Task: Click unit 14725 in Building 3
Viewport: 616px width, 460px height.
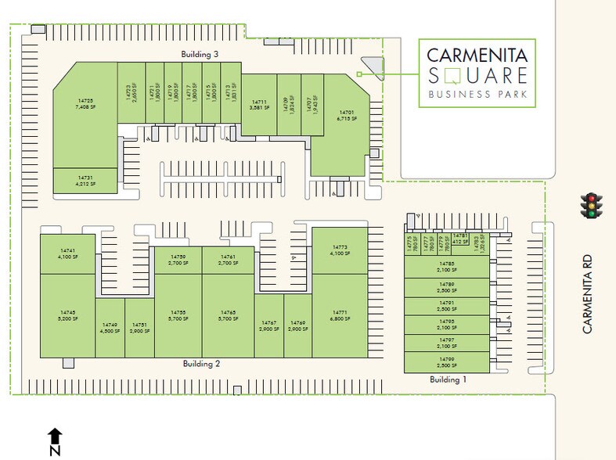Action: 85,104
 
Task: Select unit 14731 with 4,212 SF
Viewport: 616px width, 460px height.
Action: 85,181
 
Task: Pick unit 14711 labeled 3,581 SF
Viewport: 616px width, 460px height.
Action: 259,104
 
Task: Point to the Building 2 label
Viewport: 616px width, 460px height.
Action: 201,364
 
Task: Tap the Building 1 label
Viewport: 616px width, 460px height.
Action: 448,379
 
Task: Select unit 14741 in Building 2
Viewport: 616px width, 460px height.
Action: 67,252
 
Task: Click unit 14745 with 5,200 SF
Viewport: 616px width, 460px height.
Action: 67,316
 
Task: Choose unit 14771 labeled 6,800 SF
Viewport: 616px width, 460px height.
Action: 338,315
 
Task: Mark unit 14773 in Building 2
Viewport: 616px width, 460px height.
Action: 338,250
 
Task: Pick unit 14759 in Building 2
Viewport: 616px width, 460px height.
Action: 178,260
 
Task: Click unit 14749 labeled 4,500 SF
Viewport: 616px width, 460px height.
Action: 110,327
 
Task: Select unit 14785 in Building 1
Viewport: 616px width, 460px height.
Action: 446,267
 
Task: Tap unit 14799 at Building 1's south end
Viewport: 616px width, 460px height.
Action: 446,362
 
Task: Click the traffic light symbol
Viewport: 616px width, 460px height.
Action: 593,204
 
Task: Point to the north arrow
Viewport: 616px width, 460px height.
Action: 54,441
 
